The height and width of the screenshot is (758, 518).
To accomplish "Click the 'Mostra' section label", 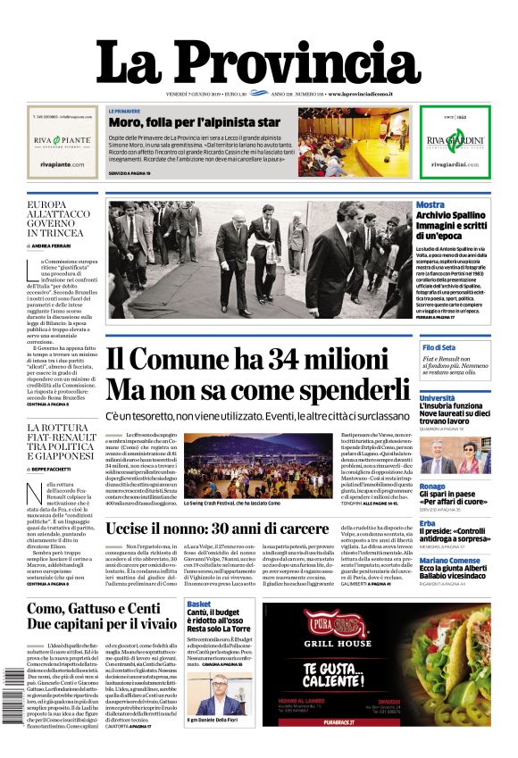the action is [x=430, y=205].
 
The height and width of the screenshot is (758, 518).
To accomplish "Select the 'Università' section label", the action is [x=438, y=397].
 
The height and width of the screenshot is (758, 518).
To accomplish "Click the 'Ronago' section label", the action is [x=433, y=487].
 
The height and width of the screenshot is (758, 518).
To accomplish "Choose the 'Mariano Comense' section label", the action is [x=450, y=560].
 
